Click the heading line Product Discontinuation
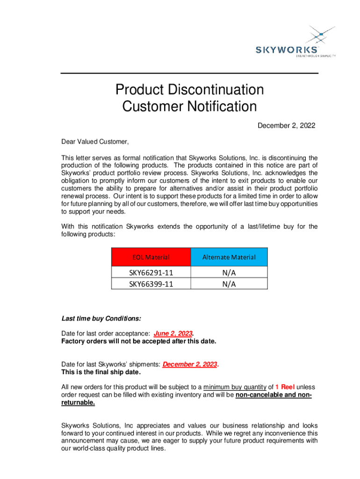(x=189, y=89)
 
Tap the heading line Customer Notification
(x=189, y=107)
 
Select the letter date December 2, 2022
(x=287, y=125)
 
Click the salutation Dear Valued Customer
(x=95, y=142)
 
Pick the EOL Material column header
(x=151, y=257)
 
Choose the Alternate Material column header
(x=229, y=257)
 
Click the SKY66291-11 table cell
(x=151, y=272)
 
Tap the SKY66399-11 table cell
(x=151, y=283)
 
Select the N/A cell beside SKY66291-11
(x=229, y=272)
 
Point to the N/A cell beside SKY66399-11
(x=229, y=283)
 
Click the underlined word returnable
(x=78, y=402)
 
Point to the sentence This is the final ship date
(x=101, y=372)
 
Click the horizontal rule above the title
(x=189, y=73)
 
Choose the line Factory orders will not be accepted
(x=139, y=341)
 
